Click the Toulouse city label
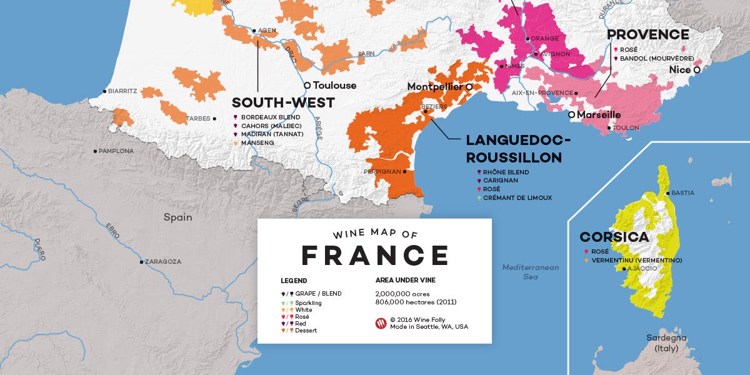(334, 86)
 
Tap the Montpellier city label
(435, 86)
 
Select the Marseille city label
(598, 115)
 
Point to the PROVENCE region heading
(647, 35)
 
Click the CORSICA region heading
(614, 237)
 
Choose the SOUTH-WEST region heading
(283, 102)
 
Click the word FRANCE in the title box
(374, 256)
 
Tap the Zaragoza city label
(164, 262)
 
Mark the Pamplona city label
(116, 151)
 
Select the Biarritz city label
(122, 91)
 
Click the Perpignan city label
(382, 171)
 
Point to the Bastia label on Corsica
(682, 193)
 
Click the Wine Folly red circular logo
(381, 323)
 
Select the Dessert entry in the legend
(306, 330)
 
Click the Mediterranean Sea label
(530, 272)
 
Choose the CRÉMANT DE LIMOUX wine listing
(517, 198)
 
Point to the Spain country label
(177, 217)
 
